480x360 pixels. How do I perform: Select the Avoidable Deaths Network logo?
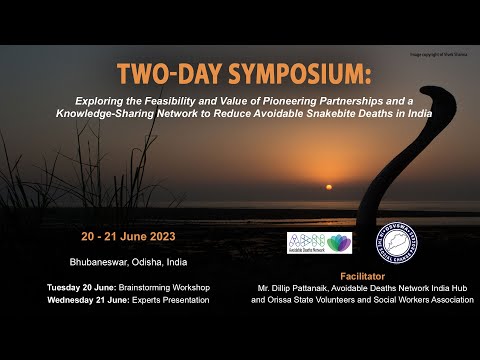tap(319, 243)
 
